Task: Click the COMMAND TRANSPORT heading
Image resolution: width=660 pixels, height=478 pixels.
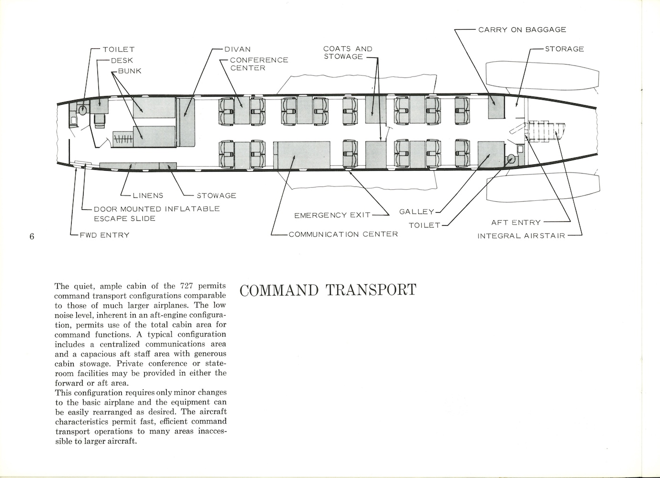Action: [x=328, y=290]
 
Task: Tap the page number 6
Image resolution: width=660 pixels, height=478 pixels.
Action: [x=32, y=236]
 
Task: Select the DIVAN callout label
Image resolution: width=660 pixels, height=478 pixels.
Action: [x=237, y=49]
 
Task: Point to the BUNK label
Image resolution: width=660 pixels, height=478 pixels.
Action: [x=129, y=71]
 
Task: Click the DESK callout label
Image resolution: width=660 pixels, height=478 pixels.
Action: [x=122, y=60]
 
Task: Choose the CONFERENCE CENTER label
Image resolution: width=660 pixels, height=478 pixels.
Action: [x=259, y=64]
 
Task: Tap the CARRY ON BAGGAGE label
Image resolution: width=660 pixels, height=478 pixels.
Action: [x=522, y=30]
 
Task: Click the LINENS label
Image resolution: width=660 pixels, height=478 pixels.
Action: [x=149, y=196]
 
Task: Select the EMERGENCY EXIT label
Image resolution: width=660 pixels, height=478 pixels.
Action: [x=332, y=215]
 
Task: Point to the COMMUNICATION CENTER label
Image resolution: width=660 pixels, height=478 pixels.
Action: [x=343, y=234]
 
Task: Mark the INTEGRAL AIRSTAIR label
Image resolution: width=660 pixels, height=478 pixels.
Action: [x=521, y=236]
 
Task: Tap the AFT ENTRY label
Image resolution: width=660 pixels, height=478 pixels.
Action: [x=516, y=222]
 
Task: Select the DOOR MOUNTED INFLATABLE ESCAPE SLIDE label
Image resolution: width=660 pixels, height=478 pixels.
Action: [x=157, y=214]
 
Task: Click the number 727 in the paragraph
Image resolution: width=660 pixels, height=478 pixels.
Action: [x=186, y=286]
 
